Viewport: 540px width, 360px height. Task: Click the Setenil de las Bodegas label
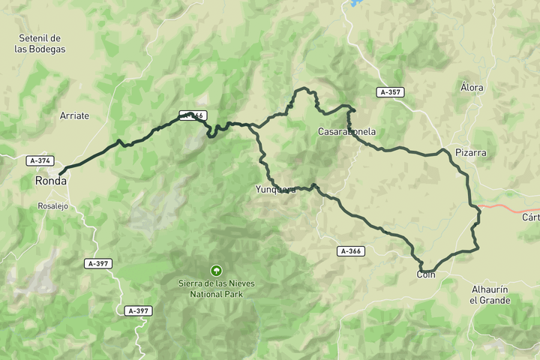point(40,43)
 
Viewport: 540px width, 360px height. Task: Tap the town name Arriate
point(74,115)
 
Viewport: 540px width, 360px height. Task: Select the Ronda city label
point(50,181)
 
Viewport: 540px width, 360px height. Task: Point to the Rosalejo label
point(53,205)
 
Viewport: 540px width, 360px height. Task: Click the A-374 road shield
point(40,160)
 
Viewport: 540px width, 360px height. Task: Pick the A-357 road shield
point(391,92)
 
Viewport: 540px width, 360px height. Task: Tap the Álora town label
point(472,88)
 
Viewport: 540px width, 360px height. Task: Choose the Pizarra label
point(471,152)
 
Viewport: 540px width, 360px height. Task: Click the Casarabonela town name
point(346,132)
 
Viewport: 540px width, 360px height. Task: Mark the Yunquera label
point(275,190)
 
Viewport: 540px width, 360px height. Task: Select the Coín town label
point(426,275)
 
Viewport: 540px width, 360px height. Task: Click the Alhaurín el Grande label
point(490,295)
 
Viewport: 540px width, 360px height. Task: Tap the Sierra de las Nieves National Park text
point(215,289)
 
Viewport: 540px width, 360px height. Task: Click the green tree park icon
point(216,270)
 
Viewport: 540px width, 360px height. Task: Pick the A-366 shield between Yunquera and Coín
point(351,251)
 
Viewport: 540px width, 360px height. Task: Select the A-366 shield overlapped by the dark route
point(193,115)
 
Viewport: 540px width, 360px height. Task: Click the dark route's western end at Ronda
point(60,174)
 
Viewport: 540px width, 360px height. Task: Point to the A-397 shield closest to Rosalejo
point(98,263)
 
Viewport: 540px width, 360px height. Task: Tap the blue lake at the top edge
point(354,4)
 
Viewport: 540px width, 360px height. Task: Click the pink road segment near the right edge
point(510,206)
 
